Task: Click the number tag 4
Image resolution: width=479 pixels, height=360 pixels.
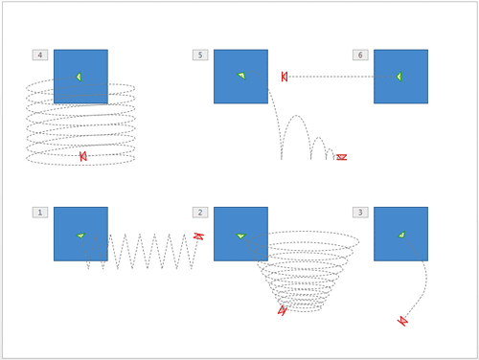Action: tap(39, 56)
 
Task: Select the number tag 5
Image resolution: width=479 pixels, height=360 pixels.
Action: tap(199, 56)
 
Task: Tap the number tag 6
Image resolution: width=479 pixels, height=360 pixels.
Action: tap(360, 56)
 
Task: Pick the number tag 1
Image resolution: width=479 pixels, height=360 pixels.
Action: tap(39, 213)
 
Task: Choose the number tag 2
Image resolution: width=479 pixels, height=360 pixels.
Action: tap(199, 213)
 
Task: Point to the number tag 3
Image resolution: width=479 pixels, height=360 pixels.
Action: tap(360, 213)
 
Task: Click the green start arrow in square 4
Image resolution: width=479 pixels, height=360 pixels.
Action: tap(79, 77)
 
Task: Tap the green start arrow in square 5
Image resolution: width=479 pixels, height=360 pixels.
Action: tap(241, 76)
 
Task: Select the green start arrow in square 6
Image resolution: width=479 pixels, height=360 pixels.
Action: tap(399, 77)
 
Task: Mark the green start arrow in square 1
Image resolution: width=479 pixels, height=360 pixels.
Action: tap(80, 235)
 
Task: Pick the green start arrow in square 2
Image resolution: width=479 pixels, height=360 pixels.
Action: tap(240, 236)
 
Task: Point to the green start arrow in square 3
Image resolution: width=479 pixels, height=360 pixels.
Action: tap(401, 235)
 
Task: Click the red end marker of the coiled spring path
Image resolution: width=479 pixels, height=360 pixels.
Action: tap(83, 156)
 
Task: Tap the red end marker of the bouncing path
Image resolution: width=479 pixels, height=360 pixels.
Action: tap(341, 157)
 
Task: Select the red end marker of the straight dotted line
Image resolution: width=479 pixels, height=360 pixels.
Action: tap(285, 77)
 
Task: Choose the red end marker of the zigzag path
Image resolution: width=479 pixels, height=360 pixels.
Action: tap(198, 236)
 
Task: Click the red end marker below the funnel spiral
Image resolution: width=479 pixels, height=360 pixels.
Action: tap(282, 310)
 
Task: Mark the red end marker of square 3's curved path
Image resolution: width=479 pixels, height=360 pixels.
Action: tap(402, 321)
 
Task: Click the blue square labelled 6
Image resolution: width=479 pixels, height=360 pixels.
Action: tap(400, 77)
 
